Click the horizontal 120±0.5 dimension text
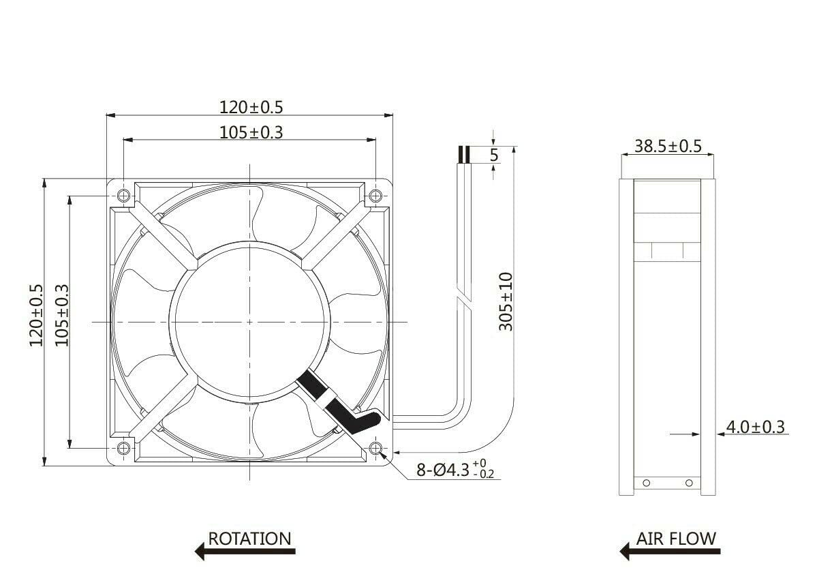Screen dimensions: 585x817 click(250, 106)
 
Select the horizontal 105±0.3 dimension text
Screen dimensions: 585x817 click(250, 132)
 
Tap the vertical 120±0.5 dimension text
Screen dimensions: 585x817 click(36, 315)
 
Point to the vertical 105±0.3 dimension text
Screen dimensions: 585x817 click(62, 315)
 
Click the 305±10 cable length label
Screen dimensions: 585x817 click(506, 301)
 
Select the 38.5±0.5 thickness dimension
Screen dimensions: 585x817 click(668, 146)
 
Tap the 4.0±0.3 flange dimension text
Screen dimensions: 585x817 click(755, 427)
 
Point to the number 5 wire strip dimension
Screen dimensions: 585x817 click(494, 155)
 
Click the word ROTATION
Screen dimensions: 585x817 click(249, 539)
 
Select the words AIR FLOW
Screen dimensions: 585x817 click(676, 539)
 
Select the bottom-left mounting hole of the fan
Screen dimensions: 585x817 click(123, 448)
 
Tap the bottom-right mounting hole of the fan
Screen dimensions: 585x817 click(375, 448)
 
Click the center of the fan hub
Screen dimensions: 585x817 click(249, 322)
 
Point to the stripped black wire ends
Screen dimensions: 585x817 click(464, 155)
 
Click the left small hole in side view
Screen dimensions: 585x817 click(647, 483)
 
